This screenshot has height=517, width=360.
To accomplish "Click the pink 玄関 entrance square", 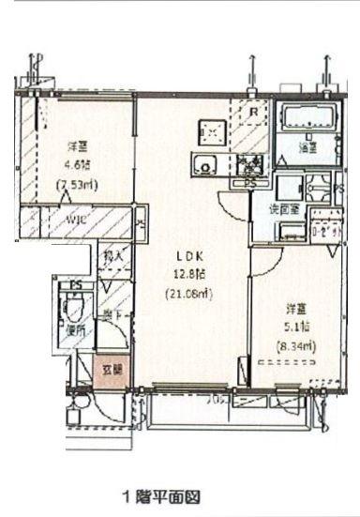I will pyautogui.click(x=110, y=372).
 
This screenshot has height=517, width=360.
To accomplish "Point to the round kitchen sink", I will pyautogui.click(x=202, y=168).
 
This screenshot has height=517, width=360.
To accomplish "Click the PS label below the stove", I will pyautogui.click(x=248, y=185).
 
